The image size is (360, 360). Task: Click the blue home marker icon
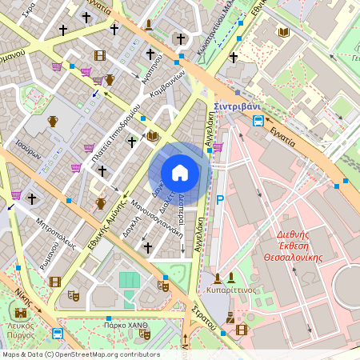(180, 173)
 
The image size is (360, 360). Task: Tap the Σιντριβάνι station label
(238, 106)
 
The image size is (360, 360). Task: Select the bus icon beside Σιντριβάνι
(258, 122)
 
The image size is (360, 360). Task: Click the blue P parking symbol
(219, 199)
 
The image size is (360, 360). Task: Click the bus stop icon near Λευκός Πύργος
(58, 334)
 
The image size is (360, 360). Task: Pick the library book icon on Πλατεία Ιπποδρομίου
(152, 137)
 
